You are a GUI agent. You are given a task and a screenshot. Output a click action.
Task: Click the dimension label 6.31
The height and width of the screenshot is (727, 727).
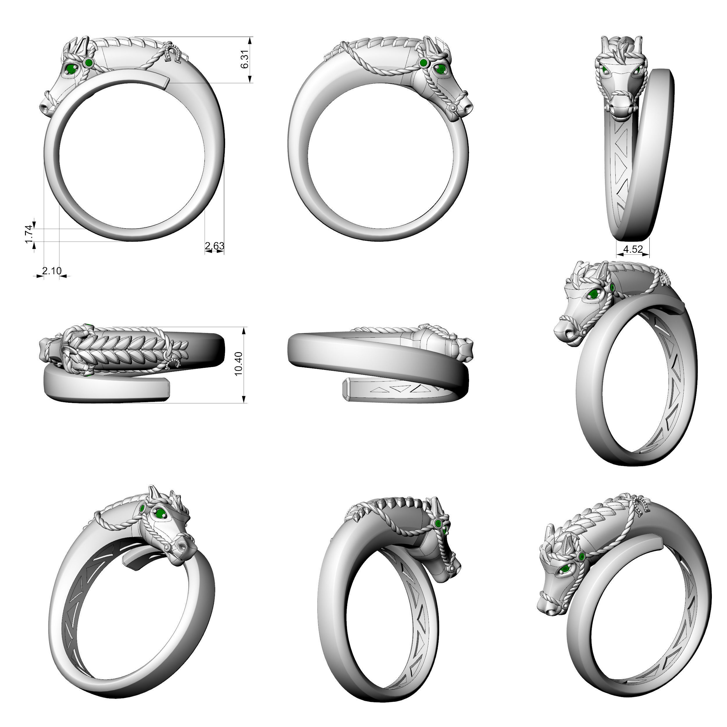(245, 59)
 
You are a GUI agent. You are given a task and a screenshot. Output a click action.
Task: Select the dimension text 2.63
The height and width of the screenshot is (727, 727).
(215, 246)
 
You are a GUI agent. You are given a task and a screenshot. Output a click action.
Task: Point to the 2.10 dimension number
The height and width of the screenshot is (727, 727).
(51, 270)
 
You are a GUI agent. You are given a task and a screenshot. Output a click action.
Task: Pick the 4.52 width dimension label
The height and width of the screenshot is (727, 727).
(633, 249)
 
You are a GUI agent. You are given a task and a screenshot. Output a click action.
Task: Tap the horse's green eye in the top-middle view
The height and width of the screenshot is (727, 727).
(440, 69)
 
